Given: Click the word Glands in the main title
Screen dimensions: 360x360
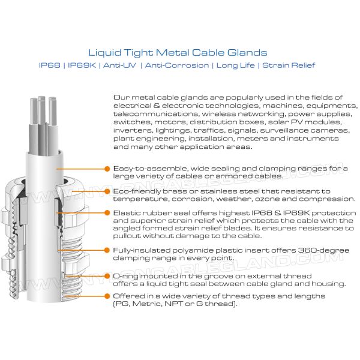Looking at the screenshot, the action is click(247, 53).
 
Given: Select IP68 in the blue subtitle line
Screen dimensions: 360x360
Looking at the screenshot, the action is click(50, 65).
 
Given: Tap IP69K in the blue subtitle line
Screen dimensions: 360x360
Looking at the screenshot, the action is click(82, 65).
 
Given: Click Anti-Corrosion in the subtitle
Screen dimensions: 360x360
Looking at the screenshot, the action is click(177, 65).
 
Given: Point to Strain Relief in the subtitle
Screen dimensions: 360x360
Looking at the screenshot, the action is click(289, 65).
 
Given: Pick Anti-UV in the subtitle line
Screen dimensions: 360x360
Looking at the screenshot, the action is click(119, 65).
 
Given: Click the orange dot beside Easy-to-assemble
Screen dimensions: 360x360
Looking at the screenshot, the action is click(107, 169).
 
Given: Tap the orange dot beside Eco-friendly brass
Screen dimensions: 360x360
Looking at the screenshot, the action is click(107, 191).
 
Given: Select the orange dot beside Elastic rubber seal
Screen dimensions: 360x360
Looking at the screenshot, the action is click(107, 213).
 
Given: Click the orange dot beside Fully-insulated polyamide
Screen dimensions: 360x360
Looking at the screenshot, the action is click(107, 250).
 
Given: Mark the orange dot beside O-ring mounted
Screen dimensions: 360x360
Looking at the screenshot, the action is click(107, 276).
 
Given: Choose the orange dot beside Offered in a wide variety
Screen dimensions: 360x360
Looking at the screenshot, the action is click(107, 296).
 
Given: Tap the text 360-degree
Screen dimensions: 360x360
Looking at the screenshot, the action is click(323, 250).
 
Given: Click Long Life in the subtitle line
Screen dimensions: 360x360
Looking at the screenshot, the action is click(236, 65).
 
